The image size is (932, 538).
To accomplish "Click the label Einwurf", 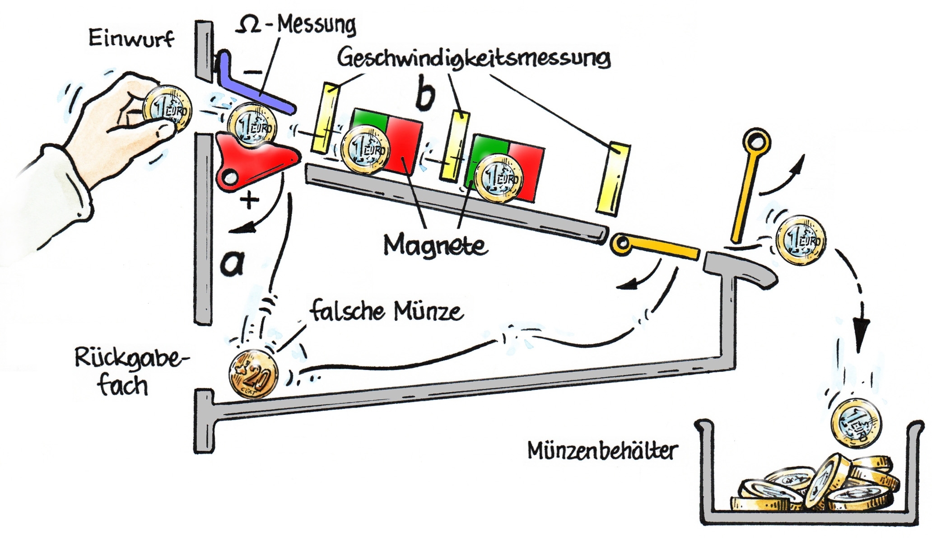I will [x=131, y=39].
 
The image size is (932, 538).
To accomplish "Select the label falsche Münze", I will [x=387, y=312].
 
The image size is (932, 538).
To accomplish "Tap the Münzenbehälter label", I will [x=603, y=451].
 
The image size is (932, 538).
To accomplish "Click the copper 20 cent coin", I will [x=253, y=374].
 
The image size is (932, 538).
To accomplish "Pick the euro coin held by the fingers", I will [x=167, y=109].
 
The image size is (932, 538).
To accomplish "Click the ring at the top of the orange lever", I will [x=757, y=142].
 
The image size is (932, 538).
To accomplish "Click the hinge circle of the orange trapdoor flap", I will [x=621, y=244].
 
